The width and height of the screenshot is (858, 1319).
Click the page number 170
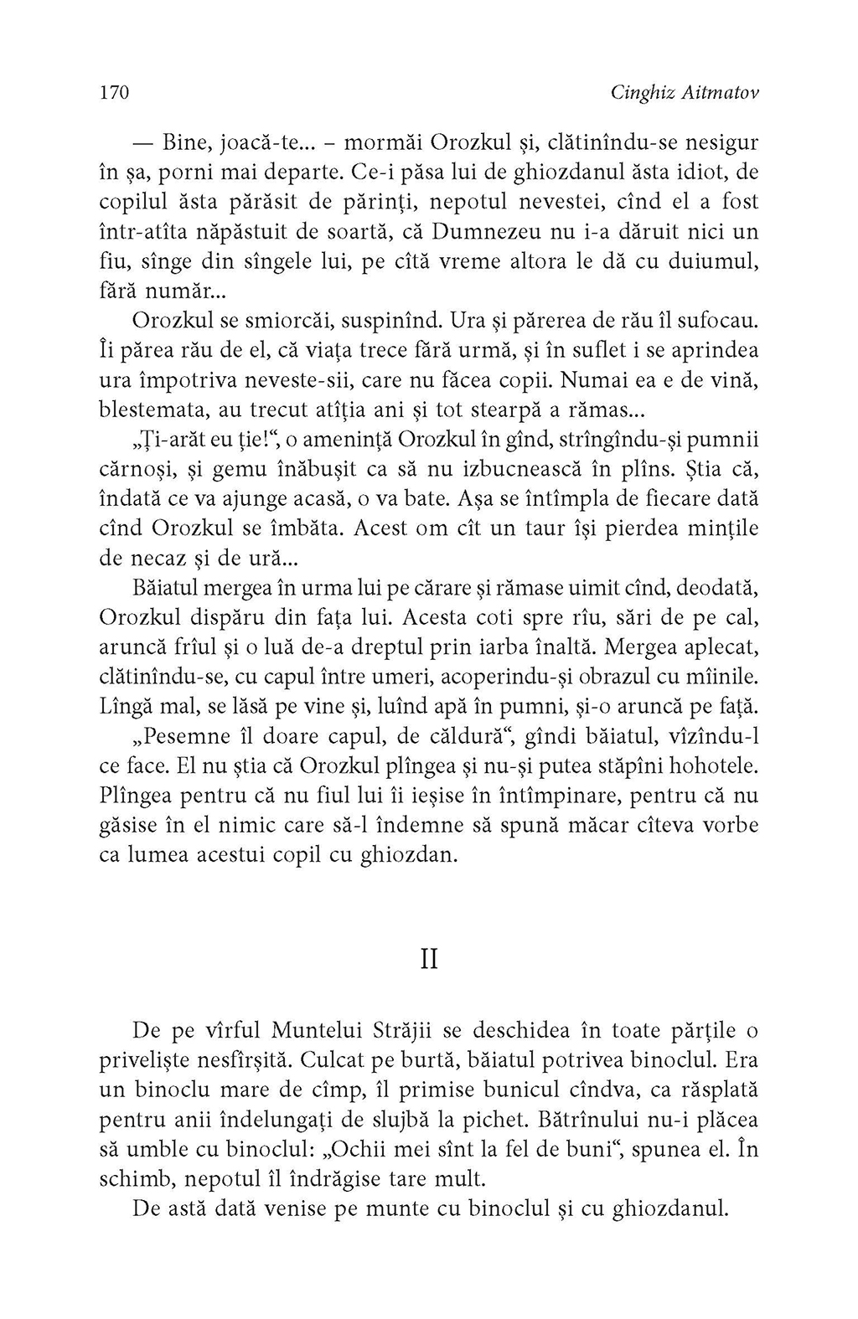coord(112,93)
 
